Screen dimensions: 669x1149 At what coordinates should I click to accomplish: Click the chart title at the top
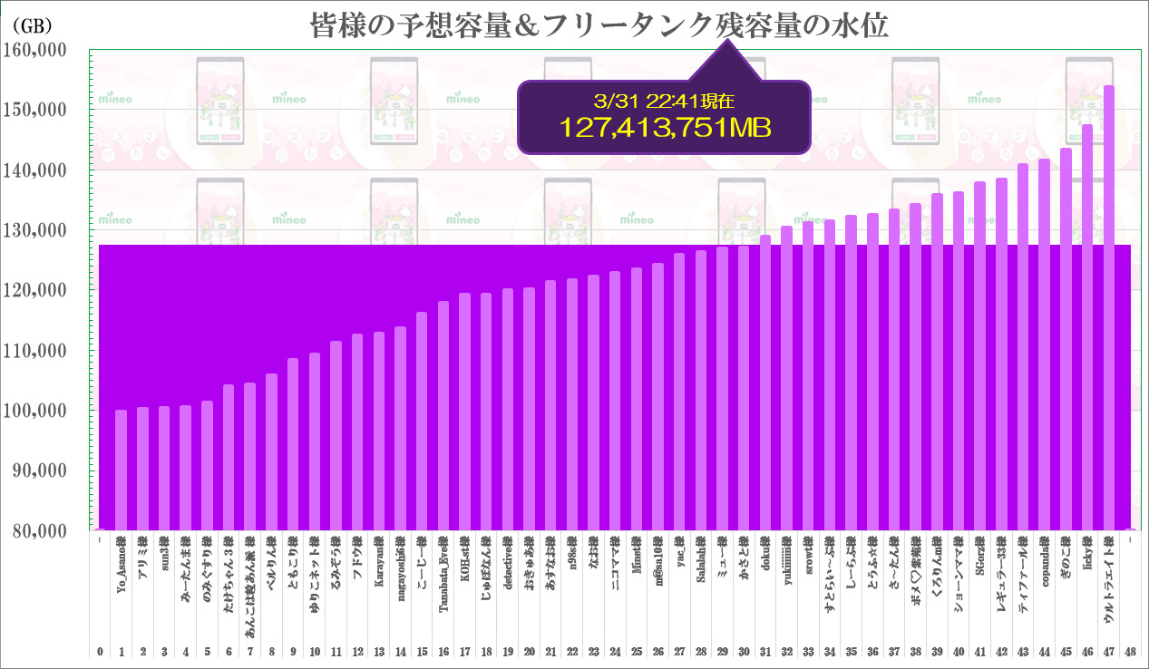[x=599, y=24]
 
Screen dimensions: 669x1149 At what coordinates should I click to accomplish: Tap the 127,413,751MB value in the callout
[x=667, y=128]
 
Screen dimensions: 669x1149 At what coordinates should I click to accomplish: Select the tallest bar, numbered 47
[x=1108, y=308]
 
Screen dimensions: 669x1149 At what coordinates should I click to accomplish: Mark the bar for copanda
[x=1044, y=344]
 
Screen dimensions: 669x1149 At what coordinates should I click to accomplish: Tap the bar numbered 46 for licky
[x=1087, y=327]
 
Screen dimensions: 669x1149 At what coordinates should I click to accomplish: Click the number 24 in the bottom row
[x=615, y=652]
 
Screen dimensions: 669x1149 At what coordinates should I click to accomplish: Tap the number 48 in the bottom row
[x=1130, y=652]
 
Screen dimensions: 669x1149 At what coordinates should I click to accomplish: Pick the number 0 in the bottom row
[x=99, y=652]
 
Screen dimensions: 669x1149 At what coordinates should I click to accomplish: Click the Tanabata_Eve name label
[x=443, y=574]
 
